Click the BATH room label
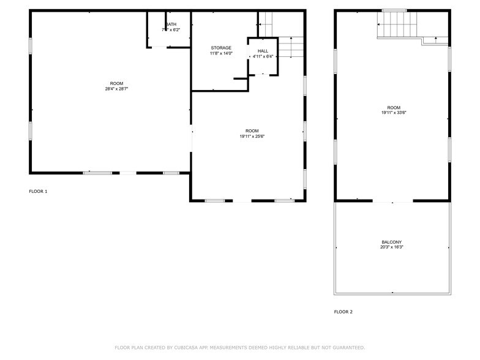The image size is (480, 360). pos(171,24)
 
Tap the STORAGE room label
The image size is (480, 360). pos(221,48)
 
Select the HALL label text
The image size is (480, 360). pos(263,51)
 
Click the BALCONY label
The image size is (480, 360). pos(392,242)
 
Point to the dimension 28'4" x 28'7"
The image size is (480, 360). pos(116,89)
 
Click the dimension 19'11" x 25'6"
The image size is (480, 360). pos(252,136)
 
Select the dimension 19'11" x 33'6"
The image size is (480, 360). pos(394,113)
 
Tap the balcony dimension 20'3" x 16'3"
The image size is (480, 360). pos(392,247)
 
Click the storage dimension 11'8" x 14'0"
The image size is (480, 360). pos(221,53)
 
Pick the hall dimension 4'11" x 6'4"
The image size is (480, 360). pos(263,56)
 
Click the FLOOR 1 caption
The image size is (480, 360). pos(38,192)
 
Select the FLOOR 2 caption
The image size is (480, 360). pos(343,312)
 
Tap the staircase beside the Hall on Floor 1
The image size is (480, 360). pos(291,47)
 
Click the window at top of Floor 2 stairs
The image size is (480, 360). pos(394,10)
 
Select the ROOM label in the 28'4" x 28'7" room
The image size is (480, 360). pos(116,83)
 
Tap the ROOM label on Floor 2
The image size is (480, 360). pos(394,107)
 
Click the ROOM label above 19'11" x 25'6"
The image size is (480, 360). pos(252,130)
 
